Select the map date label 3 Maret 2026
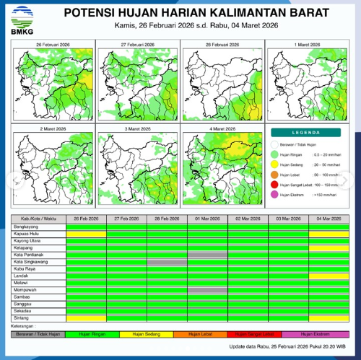click(x=138, y=128)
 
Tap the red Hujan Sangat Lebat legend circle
click(x=275, y=185)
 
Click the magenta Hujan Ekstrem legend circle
click(x=275, y=196)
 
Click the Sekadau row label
click(x=25, y=311)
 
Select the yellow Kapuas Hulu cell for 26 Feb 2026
click(x=86, y=233)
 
